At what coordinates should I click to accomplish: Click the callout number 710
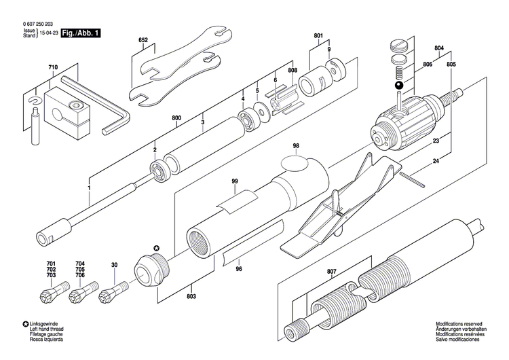tap(53, 68)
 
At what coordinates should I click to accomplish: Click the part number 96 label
tap(238, 268)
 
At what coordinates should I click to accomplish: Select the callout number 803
tap(192, 297)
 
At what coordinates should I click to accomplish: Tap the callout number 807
tap(331, 272)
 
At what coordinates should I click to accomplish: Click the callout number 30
tap(114, 264)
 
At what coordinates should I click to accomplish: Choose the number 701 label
tap(51, 264)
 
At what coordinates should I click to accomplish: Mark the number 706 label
tap(80, 274)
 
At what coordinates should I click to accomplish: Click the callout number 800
tap(176, 118)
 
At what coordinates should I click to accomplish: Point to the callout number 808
tap(292, 71)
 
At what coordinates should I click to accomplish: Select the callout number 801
tap(318, 36)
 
